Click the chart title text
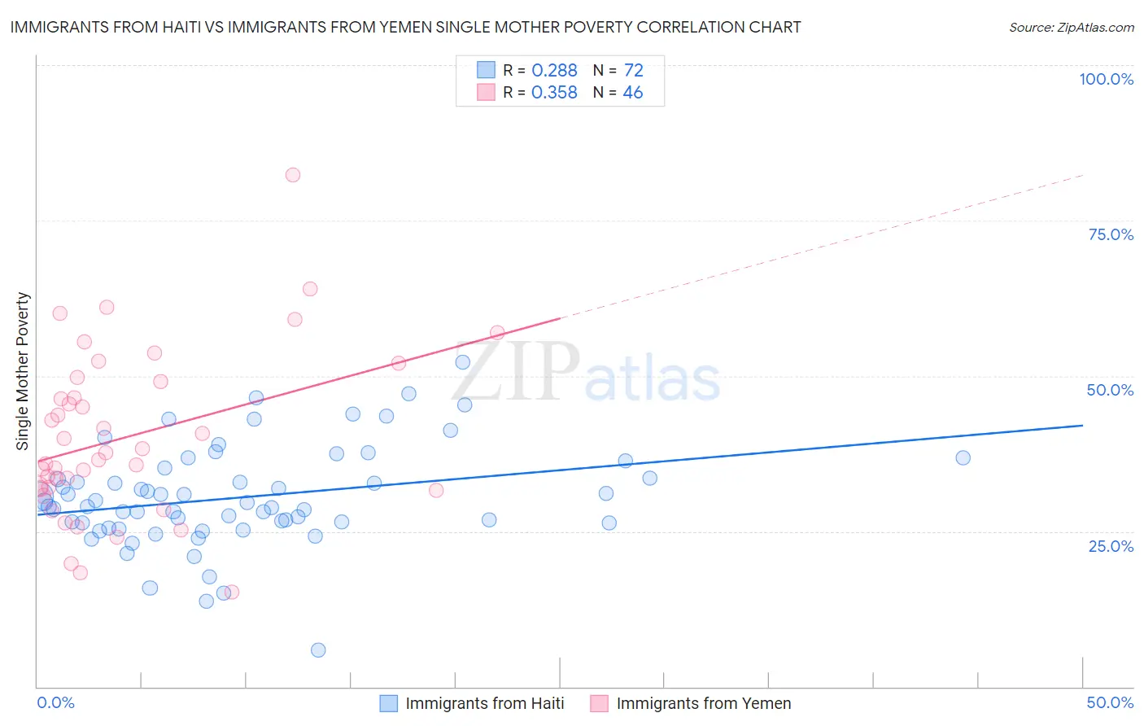pos(405,28)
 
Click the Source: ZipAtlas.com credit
pos(1071,28)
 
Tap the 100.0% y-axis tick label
pos(1106,79)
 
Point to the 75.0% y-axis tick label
pos(1111,234)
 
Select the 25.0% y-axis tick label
pos(1111,545)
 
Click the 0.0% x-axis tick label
pos(55,702)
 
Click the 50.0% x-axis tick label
pos(1110,702)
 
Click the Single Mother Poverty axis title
pos(23,371)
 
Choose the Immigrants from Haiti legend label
pos(484,703)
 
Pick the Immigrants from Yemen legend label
pos(703,703)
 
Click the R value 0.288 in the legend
pos(554,71)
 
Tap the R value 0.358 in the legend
pos(554,93)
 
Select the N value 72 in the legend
pos(633,71)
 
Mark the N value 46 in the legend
pos(633,93)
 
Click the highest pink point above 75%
pos(293,175)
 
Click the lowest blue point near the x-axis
pos(318,649)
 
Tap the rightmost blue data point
pos(963,457)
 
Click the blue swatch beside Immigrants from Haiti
pos(389,703)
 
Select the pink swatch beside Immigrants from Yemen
pos(600,703)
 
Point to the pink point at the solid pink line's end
pos(497,333)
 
